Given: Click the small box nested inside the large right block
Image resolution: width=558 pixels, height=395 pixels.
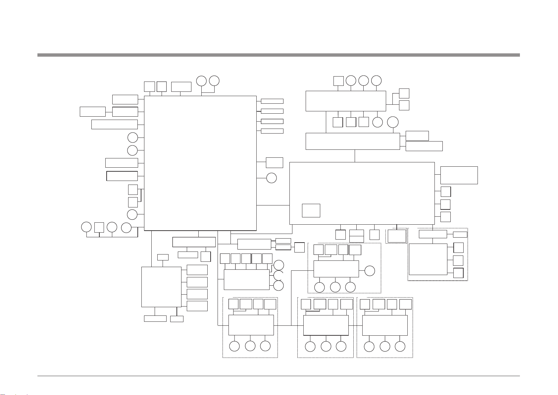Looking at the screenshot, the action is [x=311, y=210].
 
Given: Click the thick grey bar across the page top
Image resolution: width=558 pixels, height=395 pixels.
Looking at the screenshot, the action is [x=278, y=55].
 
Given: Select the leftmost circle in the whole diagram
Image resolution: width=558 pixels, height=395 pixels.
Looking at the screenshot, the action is [x=86, y=227].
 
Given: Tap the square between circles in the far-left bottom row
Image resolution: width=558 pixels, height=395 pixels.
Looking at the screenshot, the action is [x=99, y=227].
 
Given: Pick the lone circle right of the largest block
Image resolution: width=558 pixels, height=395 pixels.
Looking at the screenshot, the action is [x=272, y=178].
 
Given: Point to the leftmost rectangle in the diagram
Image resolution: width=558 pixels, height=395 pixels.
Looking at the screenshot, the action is [x=93, y=112].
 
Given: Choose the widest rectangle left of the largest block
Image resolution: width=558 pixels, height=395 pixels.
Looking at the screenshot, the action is [x=114, y=124].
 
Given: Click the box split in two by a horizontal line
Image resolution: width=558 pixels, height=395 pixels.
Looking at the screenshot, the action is [x=357, y=236].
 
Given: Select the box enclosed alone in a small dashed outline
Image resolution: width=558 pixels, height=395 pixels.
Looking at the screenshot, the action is [x=397, y=236].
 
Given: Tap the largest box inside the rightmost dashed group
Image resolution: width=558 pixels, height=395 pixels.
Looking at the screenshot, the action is [x=428, y=259].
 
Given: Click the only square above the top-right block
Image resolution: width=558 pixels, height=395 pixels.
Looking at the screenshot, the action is [x=338, y=81].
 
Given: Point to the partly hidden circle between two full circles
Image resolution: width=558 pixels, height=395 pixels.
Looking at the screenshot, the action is [x=279, y=275].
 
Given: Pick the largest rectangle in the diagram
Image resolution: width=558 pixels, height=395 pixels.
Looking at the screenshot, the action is [x=200, y=163].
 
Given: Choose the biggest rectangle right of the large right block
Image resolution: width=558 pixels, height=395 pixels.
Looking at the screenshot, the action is [x=459, y=175].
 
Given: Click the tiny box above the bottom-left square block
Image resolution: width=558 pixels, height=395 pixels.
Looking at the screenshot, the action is [x=163, y=257].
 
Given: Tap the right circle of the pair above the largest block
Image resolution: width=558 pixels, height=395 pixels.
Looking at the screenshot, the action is [x=214, y=81].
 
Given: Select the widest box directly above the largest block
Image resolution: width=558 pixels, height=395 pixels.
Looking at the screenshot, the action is [x=181, y=86].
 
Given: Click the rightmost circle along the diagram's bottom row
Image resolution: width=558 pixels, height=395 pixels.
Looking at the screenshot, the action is [x=400, y=346].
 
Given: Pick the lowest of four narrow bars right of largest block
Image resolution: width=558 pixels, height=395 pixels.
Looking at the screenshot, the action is [x=272, y=131].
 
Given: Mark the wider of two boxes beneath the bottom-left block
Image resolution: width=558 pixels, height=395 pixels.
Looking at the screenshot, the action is [x=155, y=318].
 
